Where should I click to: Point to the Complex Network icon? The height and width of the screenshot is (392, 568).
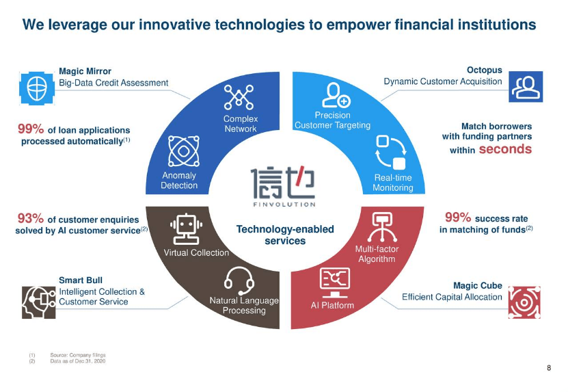point(239,98)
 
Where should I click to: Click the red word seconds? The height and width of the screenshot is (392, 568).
point(505,149)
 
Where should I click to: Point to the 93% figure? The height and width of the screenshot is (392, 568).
point(30,219)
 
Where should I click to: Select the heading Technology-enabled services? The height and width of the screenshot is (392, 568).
point(285,235)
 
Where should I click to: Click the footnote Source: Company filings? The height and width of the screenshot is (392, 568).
point(77,355)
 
